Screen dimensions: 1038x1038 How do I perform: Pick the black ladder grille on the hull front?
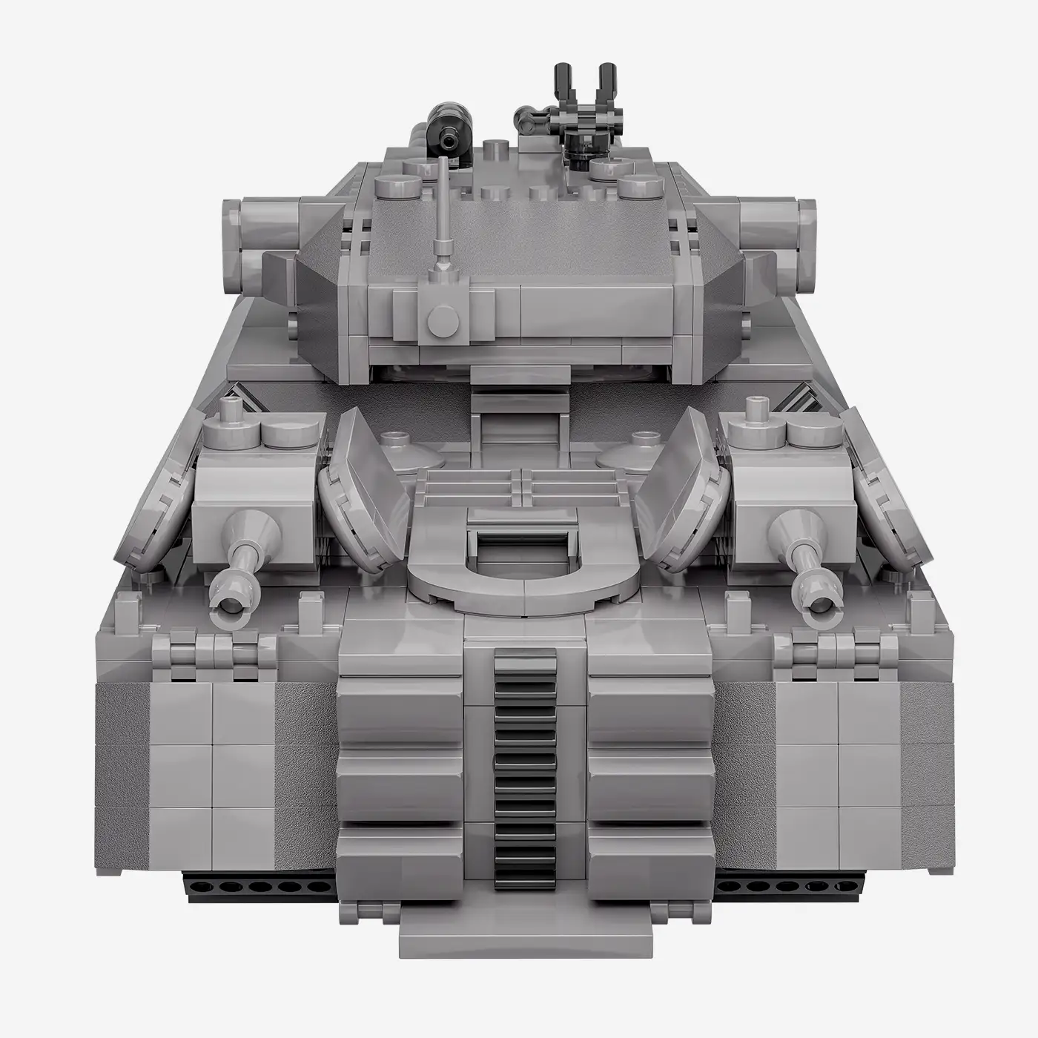pyautogui.click(x=525, y=764)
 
